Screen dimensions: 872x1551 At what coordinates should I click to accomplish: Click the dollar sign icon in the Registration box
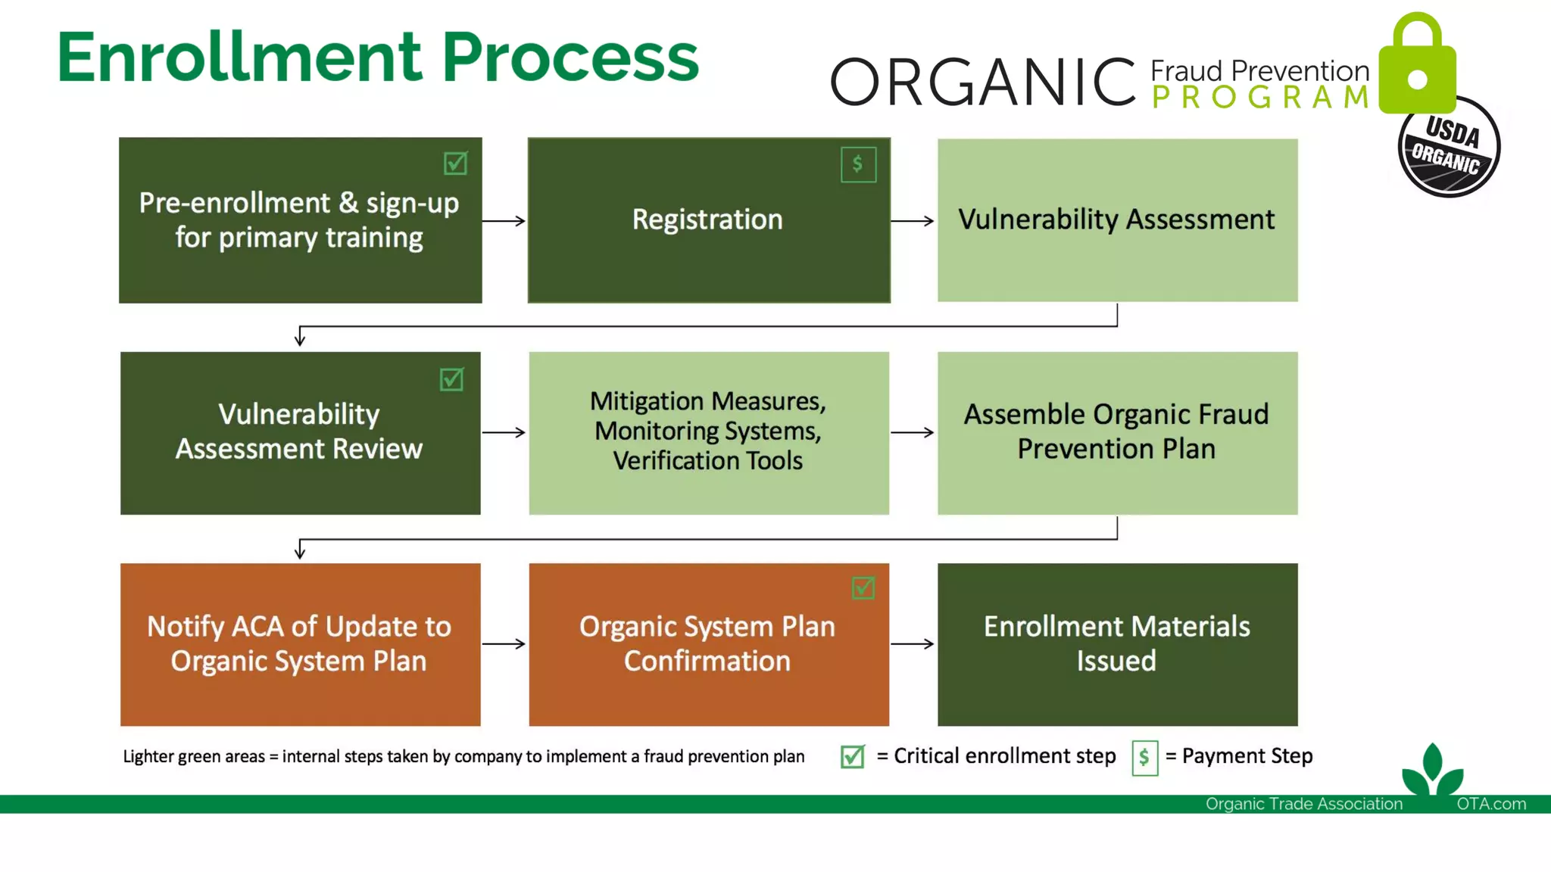pos(858,164)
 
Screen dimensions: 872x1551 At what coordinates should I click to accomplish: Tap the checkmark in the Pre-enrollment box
pos(455,163)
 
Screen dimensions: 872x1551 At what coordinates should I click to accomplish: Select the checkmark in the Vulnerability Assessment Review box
pos(451,378)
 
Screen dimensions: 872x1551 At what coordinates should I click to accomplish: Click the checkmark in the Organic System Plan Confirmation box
pos(863,587)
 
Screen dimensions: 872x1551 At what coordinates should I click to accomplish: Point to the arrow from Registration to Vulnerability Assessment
pos(913,221)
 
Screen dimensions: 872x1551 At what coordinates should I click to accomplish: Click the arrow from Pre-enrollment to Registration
pos(504,221)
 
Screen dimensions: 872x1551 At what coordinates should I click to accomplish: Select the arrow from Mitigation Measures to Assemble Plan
pos(913,432)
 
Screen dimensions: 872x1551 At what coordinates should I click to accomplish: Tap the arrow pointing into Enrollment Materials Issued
pos(913,644)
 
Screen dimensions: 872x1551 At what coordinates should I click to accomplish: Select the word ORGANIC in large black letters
pos(982,82)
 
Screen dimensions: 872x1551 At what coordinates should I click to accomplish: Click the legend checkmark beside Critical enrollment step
pos(852,756)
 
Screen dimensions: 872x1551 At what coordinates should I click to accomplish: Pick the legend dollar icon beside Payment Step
pos(1144,757)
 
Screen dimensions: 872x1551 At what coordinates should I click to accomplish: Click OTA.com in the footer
pos(1490,804)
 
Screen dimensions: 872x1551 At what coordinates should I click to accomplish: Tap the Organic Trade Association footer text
pos(1303,804)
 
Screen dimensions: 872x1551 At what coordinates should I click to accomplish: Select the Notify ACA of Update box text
pos(299,643)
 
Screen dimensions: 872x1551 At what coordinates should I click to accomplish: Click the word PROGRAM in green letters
pos(1260,98)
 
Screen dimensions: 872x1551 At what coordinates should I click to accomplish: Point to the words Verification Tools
pos(707,461)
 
